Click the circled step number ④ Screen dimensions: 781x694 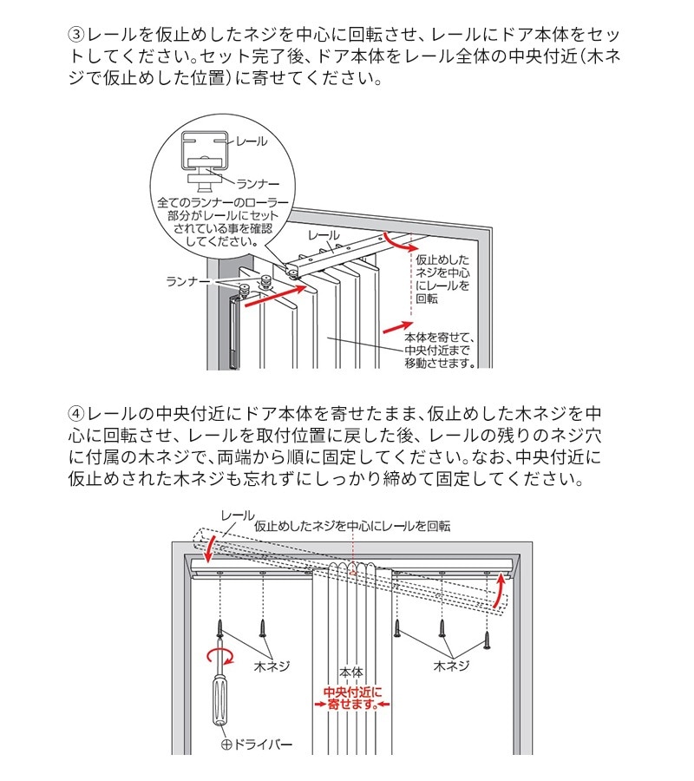[76, 412]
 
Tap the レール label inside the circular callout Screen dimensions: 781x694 [252, 141]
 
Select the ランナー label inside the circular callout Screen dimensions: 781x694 [257, 182]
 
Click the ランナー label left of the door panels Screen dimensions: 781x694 [188, 282]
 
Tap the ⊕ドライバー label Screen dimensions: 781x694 [258, 745]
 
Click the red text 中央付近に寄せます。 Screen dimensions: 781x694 [352, 699]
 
